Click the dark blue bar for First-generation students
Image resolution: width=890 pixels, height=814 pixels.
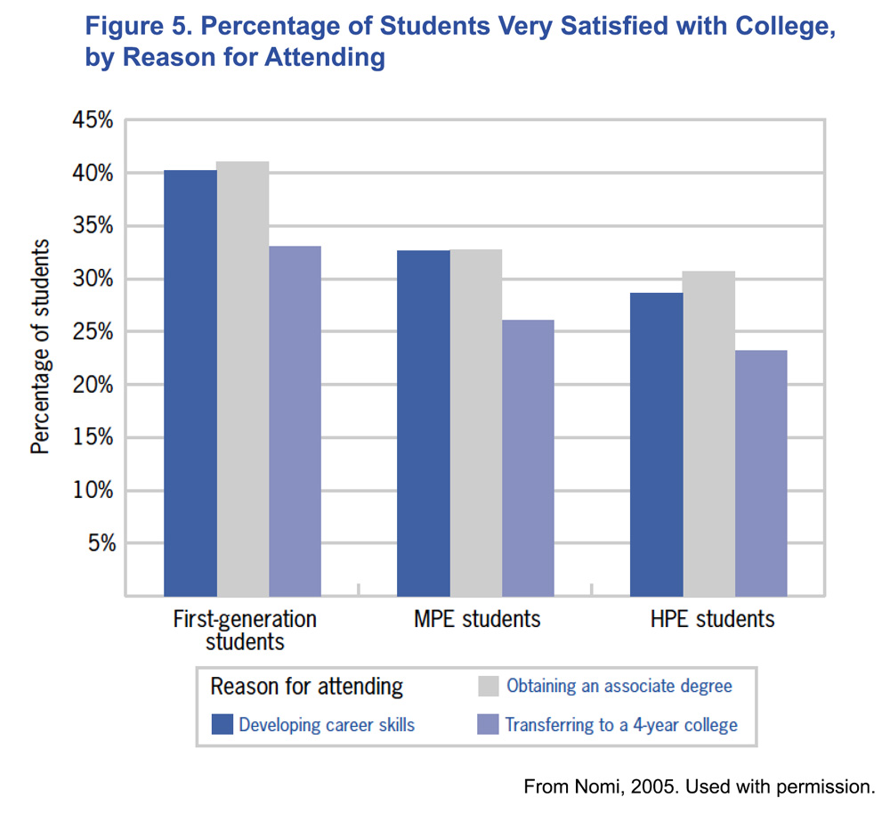(x=190, y=383)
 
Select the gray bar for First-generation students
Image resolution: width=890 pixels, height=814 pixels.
(x=243, y=379)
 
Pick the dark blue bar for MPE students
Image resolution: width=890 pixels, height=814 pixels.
(x=424, y=423)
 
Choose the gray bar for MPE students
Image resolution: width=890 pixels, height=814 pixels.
(x=476, y=422)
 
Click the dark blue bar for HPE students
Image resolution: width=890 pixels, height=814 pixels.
(x=657, y=444)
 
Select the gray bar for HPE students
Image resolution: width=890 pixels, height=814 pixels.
(x=709, y=434)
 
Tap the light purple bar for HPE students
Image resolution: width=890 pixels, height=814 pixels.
(x=761, y=473)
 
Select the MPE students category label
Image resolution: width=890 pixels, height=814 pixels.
(x=477, y=618)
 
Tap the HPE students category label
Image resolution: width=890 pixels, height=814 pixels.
(x=709, y=618)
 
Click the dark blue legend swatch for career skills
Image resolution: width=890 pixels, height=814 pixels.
(x=222, y=724)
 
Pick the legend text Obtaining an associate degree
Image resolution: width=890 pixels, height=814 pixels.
(x=619, y=686)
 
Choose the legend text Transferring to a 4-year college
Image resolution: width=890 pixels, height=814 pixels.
(x=621, y=725)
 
